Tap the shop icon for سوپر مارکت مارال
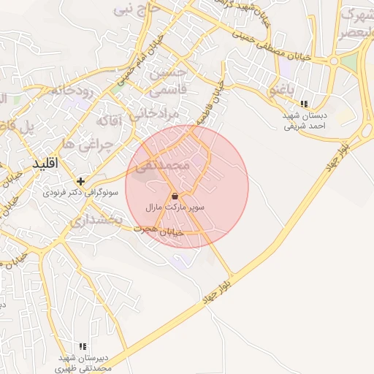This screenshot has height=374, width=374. pyautogui.click(x=175, y=196)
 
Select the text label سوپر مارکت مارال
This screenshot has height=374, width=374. pyautogui.click(x=175, y=208)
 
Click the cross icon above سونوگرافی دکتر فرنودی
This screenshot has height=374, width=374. pyautogui.click(x=80, y=180)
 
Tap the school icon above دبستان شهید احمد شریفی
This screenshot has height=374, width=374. pyautogui.click(x=304, y=104)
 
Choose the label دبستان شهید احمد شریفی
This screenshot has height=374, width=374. pyautogui.click(x=305, y=121)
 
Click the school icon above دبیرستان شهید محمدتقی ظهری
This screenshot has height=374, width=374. pyautogui.click(x=83, y=346)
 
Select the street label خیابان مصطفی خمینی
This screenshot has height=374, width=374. pyautogui.click(x=292, y=45)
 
